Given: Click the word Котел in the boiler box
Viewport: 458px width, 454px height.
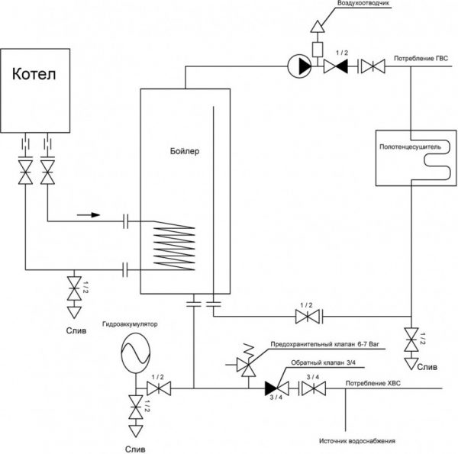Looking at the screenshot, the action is pyautogui.click(x=34, y=74).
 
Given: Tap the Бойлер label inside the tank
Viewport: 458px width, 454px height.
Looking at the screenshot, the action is pyautogui.click(x=185, y=151).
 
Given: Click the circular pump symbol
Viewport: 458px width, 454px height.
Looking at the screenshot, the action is pyautogui.click(x=299, y=66).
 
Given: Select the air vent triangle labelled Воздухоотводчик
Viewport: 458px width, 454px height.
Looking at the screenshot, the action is pyautogui.click(x=318, y=27).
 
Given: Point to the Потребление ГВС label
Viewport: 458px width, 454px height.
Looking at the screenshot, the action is pyautogui.click(x=421, y=59).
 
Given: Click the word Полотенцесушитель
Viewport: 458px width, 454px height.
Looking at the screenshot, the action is pyautogui.click(x=410, y=147).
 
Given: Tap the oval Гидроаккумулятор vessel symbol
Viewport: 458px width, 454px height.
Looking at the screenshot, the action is pyautogui.click(x=136, y=353).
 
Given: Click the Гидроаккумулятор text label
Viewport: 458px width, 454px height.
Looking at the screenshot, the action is pyautogui.click(x=130, y=324).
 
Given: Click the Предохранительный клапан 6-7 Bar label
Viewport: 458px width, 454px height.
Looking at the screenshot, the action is pyautogui.click(x=325, y=344).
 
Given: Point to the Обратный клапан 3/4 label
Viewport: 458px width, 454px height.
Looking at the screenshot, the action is pyautogui.click(x=324, y=362).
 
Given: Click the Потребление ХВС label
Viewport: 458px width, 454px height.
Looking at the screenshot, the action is pyautogui.click(x=373, y=383).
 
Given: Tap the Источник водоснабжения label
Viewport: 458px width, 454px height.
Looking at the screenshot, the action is pyautogui.click(x=357, y=441).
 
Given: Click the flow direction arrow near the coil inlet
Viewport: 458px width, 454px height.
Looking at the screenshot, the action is pyautogui.click(x=89, y=215).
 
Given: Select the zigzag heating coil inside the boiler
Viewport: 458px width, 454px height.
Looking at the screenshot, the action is pyautogui.click(x=174, y=245).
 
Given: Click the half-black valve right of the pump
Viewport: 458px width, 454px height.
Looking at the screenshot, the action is pyautogui.click(x=336, y=66).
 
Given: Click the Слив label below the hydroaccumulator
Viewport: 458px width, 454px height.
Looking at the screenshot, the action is pyautogui.click(x=135, y=449).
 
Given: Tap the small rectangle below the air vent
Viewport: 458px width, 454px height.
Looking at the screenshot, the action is pyautogui.click(x=318, y=50).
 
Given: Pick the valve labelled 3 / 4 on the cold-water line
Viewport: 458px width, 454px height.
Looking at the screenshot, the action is pyautogui.click(x=314, y=388).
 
